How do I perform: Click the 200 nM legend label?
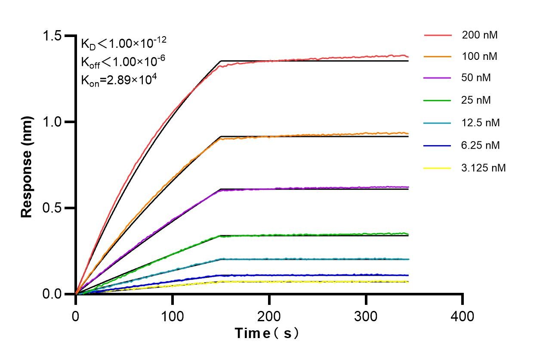point(480,35)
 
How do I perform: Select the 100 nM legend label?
point(480,57)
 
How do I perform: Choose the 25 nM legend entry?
point(476,101)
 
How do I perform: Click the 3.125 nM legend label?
point(484,168)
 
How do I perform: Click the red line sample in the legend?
point(438,35)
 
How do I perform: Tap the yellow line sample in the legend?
point(438,168)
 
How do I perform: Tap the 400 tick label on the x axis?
point(463,317)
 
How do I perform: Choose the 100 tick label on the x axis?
point(172,317)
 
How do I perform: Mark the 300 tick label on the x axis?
point(366,317)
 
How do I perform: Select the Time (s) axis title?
point(266,333)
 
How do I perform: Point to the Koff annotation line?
point(123,62)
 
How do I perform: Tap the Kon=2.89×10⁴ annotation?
point(116,80)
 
